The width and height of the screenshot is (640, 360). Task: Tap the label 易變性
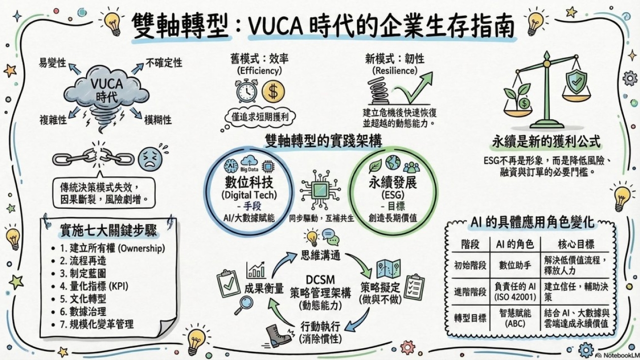(x=52, y=63)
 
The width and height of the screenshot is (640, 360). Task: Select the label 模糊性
(x=158, y=120)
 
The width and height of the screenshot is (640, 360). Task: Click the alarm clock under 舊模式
(x=247, y=91)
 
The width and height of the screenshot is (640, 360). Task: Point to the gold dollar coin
(x=273, y=91)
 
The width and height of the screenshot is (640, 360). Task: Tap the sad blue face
(x=150, y=159)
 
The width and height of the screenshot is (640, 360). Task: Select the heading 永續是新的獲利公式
(x=546, y=142)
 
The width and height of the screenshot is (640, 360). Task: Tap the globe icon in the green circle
(x=393, y=162)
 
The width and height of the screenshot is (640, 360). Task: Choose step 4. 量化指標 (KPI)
(x=94, y=286)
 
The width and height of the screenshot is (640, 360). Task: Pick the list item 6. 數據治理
(x=83, y=311)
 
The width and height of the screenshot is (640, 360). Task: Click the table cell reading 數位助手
(x=515, y=265)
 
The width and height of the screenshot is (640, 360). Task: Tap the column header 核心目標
(x=576, y=244)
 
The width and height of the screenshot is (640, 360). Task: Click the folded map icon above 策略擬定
(x=389, y=268)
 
